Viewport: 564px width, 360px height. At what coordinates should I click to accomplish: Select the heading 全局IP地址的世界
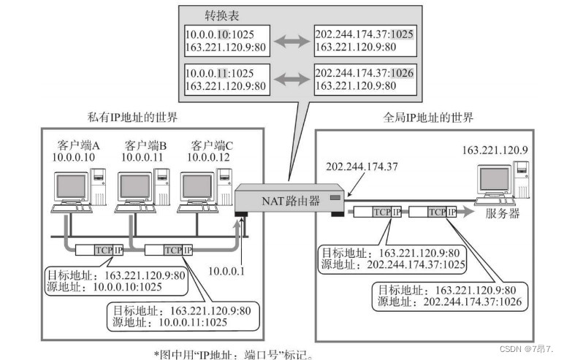[x=428, y=117]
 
